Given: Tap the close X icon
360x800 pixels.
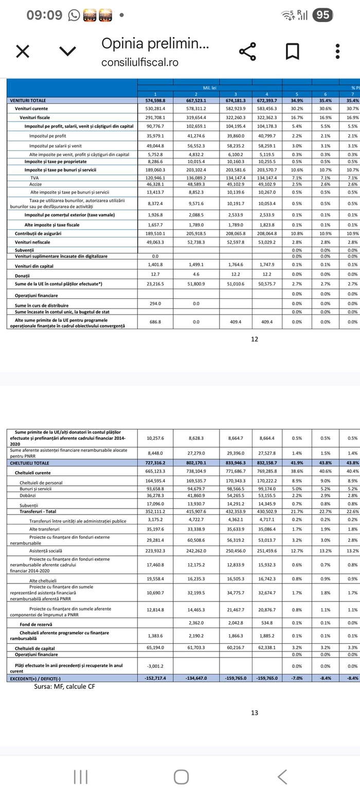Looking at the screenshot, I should click(x=23, y=51).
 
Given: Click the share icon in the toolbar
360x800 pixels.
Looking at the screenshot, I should click(x=247, y=51).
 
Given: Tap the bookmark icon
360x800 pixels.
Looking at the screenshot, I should click(x=293, y=51).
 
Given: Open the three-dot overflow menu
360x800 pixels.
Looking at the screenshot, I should click(x=337, y=51).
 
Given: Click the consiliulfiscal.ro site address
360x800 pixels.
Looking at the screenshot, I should click(x=140, y=62).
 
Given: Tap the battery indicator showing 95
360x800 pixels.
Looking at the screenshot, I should click(x=322, y=15).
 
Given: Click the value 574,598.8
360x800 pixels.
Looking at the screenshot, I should click(x=155, y=100).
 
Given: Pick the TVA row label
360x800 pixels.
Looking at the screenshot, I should click(x=35, y=178).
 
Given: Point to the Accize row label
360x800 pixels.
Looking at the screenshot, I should click(x=36, y=184).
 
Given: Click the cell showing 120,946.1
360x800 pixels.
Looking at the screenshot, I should click(x=155, y=178).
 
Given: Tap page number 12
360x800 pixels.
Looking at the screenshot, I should click(x=255, y=339).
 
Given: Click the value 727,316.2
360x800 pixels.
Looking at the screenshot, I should click(x=155, y=463).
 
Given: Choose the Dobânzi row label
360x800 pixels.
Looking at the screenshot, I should click(x=31, y=496).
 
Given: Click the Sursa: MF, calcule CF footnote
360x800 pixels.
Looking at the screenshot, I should click(x=64, y=686).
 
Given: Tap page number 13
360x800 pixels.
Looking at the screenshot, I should click(x=255, y=713).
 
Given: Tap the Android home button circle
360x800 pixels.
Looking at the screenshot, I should click(x=181, y=777).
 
